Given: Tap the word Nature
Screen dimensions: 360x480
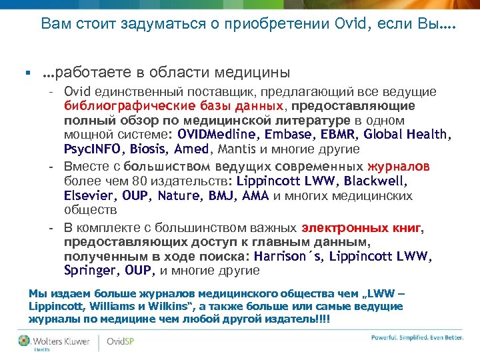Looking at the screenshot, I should (x=180, y=196).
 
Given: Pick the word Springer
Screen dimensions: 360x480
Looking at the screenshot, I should (x=90, y=271).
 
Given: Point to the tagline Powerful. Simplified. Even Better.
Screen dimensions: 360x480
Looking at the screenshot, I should (x=417, y=338).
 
